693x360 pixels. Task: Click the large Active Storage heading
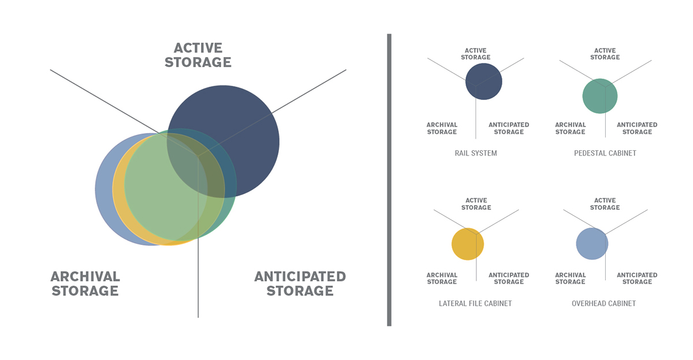[198, 55]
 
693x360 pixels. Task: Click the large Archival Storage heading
[85, 284]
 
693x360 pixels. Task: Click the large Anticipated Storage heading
[300, 284]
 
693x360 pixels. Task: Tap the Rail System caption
[476, 153]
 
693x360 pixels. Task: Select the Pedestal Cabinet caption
[605, 153]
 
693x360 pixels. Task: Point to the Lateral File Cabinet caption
[475, 303]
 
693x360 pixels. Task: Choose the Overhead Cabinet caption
[604, 303]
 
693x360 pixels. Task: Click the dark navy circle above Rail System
[484, 81]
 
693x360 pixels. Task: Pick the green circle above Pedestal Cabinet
[600, 96]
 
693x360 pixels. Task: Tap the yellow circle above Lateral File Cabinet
[468, 244]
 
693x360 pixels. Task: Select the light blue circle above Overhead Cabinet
[592, 244]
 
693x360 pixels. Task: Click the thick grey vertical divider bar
[389, 180]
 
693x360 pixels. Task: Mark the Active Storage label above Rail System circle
[475, 54]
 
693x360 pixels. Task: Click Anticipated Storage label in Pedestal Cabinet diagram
[637, 128]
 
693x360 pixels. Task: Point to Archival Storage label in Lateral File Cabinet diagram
[442, 279]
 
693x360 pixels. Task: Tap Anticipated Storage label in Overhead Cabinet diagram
[637, 279]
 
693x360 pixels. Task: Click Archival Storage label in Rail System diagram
[442, 128]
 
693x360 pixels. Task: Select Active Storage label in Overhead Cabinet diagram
[605, 204]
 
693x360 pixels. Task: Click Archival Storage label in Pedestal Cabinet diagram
[570, 128]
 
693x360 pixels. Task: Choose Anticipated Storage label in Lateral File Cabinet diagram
[509, 279]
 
